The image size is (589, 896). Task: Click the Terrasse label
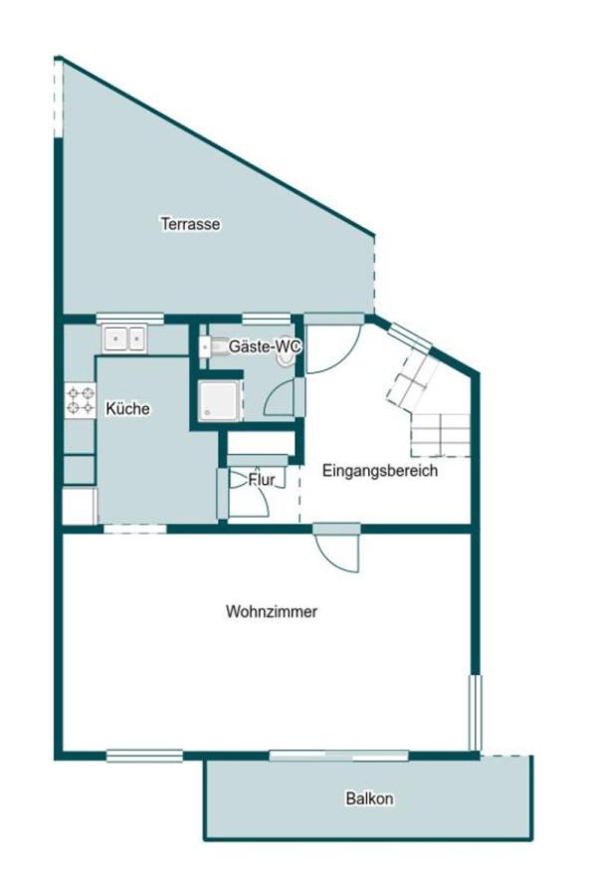(190, 224)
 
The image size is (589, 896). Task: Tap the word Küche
(127, 408)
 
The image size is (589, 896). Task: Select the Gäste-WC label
(265, 346)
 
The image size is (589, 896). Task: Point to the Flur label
(262, 480)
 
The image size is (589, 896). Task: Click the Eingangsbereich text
(380, 471)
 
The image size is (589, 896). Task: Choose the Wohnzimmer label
(272, 611)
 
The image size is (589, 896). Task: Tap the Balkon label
(370, 798)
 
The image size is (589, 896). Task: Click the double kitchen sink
(123, 339)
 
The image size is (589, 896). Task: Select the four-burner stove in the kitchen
(80, 401)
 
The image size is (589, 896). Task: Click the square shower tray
(218, 400)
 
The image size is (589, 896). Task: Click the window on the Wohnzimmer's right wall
(476, 712)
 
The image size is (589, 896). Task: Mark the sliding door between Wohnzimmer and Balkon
(338, 756)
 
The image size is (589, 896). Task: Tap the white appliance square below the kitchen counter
(79, 506)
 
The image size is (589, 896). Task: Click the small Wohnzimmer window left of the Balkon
(144, 756)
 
